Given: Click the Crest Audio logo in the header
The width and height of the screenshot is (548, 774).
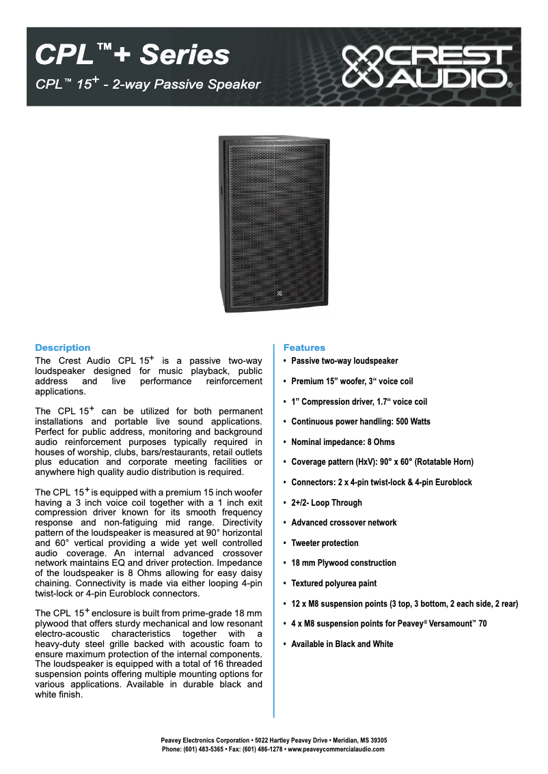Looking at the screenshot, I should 426,67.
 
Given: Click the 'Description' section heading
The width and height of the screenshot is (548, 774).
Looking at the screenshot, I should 62,347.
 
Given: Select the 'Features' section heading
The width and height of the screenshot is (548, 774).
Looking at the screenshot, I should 304,347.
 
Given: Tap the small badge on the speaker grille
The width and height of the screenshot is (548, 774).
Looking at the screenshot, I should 279,293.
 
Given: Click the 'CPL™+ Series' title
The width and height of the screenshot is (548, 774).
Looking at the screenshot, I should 132,55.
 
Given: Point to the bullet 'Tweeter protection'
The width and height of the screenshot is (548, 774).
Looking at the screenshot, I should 325,543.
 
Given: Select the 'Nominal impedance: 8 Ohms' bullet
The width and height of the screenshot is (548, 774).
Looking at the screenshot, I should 343,442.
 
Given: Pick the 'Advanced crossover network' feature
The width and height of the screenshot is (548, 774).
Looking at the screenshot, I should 344,523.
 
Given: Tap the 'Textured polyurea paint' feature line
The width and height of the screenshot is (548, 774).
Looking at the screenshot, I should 333,584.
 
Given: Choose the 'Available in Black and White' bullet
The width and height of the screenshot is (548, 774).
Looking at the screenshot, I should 342,644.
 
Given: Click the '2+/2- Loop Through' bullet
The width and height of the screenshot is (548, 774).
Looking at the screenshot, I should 327,502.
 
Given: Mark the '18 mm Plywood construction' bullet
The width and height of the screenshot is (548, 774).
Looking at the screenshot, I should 344,563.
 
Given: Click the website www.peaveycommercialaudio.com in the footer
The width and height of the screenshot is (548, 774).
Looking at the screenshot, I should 336,749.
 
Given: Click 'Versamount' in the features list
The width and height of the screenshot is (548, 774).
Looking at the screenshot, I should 446,624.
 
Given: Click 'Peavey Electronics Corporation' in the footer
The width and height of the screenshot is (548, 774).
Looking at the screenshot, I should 205,740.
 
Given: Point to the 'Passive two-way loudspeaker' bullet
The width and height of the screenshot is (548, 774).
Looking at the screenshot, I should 344,361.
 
